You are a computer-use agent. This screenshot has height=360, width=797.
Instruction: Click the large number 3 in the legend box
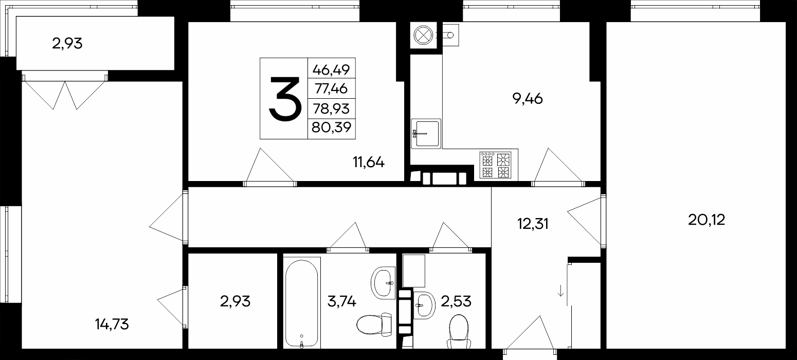pyautogui.click(x=285, y=99)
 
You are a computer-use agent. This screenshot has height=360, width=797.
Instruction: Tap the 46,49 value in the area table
pyautogui.click(x=331, y=70)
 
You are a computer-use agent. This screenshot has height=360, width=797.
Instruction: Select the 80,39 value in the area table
pyautogui.click(x=332, y=127)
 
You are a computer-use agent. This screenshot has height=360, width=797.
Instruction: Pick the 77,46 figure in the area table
pyautogui.click(x=331, y=88)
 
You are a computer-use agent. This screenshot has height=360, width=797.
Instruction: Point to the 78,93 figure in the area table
pyautogui.click(x=331, y=109)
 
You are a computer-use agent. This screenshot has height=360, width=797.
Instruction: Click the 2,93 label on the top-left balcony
pyautogui.click(x=67, y=43)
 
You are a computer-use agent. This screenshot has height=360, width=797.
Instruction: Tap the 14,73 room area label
pyautogui.click(x=112, y=324)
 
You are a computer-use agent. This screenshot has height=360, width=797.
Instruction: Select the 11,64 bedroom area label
pyautogui.click(x=369, y=162)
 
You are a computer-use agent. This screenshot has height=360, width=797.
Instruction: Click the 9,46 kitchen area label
pyautogui.click(x=527, y=99)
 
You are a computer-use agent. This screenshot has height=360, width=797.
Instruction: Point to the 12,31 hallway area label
pyautogui.click(x=533, y=224)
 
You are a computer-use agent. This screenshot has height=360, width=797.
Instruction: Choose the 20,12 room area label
pyautogui.click(x=707, y=220)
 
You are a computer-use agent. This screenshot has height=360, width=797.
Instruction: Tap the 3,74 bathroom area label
pyautogui.click(x=341, y=301)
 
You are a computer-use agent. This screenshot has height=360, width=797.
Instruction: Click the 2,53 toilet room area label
pyautogui.click(x=456, y=301)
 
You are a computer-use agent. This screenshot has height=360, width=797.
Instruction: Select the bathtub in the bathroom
pyautogui.click(x=302, y=303)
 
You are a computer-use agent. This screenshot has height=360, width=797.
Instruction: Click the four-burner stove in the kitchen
pyautogui.click(x=495, y=165)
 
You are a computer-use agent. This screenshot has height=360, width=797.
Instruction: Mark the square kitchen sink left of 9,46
pyautogui.click(x=426, y=133)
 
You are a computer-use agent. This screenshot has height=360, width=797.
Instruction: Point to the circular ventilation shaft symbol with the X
pyautogui.click(x=423, y=35)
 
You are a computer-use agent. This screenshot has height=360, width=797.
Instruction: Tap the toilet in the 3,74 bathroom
pyautogui.click(x=374, y=322)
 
